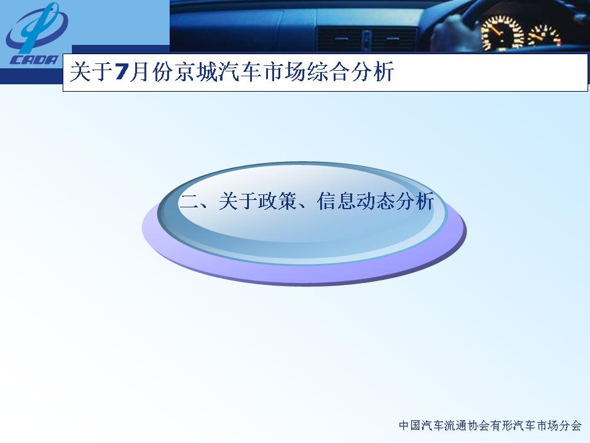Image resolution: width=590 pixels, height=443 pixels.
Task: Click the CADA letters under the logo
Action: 34,60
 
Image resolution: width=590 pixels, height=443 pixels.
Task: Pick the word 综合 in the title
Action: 328,71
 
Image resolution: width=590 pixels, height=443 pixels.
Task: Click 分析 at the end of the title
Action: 372,71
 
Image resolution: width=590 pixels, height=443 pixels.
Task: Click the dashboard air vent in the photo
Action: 367,39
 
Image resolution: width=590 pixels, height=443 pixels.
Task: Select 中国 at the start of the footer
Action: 409,425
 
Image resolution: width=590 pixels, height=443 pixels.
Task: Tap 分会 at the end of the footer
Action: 570,425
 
